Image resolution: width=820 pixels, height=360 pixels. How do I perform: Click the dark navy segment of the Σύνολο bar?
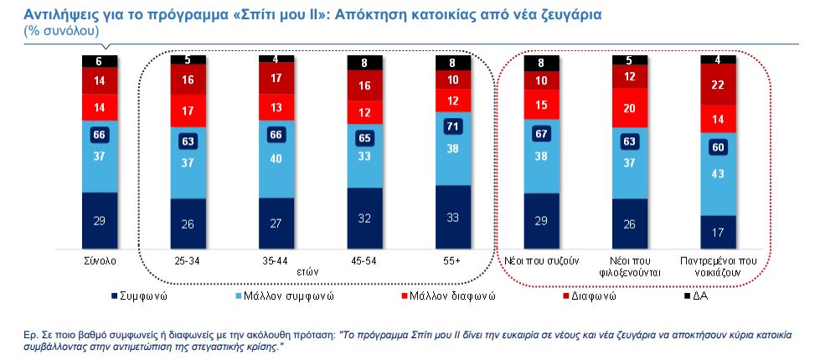coord(99,219)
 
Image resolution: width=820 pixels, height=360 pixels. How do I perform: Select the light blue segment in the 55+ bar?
coord(453,147)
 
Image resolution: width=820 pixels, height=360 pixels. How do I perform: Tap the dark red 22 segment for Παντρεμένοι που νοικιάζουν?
coord(718,85)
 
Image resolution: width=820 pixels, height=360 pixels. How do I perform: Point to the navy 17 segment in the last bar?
coord(718,231)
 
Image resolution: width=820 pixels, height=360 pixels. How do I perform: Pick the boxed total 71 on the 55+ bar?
coord(453,127)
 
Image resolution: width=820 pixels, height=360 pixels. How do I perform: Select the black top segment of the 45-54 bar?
coord(365,62)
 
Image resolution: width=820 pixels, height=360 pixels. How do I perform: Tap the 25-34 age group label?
coord(188,260)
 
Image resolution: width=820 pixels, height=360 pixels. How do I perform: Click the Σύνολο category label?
coord(99,260)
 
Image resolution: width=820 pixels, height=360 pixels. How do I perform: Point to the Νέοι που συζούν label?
coord(541,260)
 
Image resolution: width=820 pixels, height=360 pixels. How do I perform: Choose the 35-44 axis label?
coord(276,260)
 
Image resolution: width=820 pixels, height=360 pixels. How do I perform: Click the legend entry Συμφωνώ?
coord(142,296)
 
